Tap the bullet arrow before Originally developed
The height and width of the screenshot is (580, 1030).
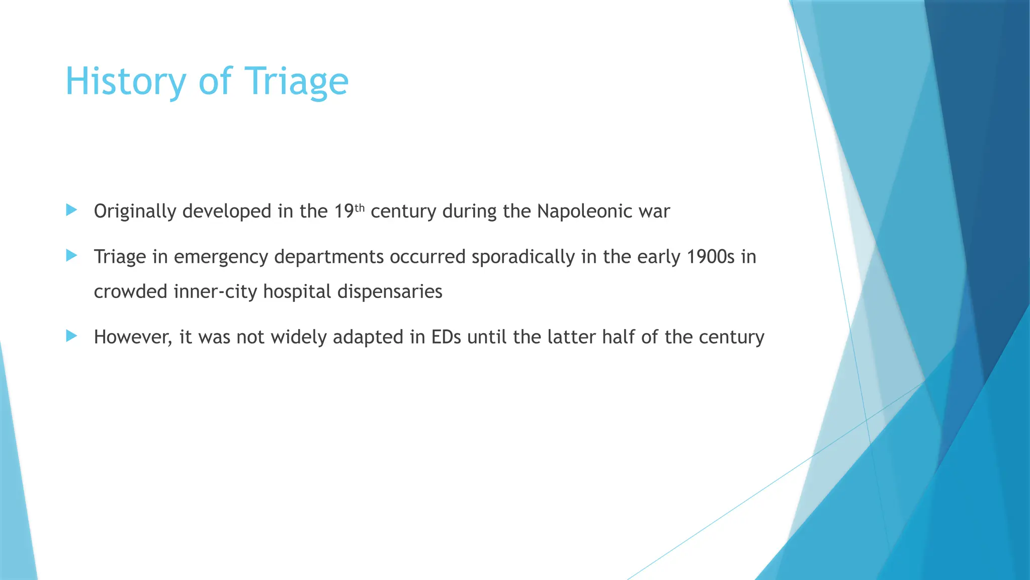point(71,210)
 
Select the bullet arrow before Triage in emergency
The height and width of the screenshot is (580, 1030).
point(71,256)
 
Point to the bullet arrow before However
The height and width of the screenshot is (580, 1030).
point(71,336)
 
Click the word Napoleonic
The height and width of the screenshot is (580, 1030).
point(584,211)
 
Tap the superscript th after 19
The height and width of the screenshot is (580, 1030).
point(359,207)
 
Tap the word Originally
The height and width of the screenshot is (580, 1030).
point(135,211)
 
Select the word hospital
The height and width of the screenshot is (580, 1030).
point(297,292)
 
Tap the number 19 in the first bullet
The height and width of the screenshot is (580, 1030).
point(344,211)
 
